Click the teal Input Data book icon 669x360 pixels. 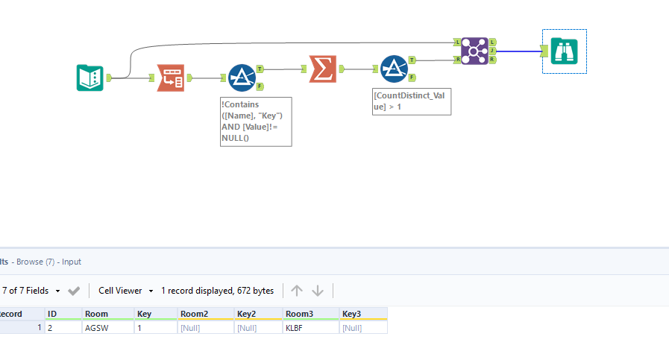pos(90,78)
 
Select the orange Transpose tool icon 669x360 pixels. pos(170,78)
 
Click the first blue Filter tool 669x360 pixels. pos(242,78)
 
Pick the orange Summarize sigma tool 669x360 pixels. pos(322,69)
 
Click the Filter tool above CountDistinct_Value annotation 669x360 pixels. pos(394,69)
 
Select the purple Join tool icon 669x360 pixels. pos(474,51)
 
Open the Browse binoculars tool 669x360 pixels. pos(565,51)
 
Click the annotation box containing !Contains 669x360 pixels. pos(256,121)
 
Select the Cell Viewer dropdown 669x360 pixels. pos(125,291)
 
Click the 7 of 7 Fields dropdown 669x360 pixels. pos(31,291)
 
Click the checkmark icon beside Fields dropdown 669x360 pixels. pos(74,291)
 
